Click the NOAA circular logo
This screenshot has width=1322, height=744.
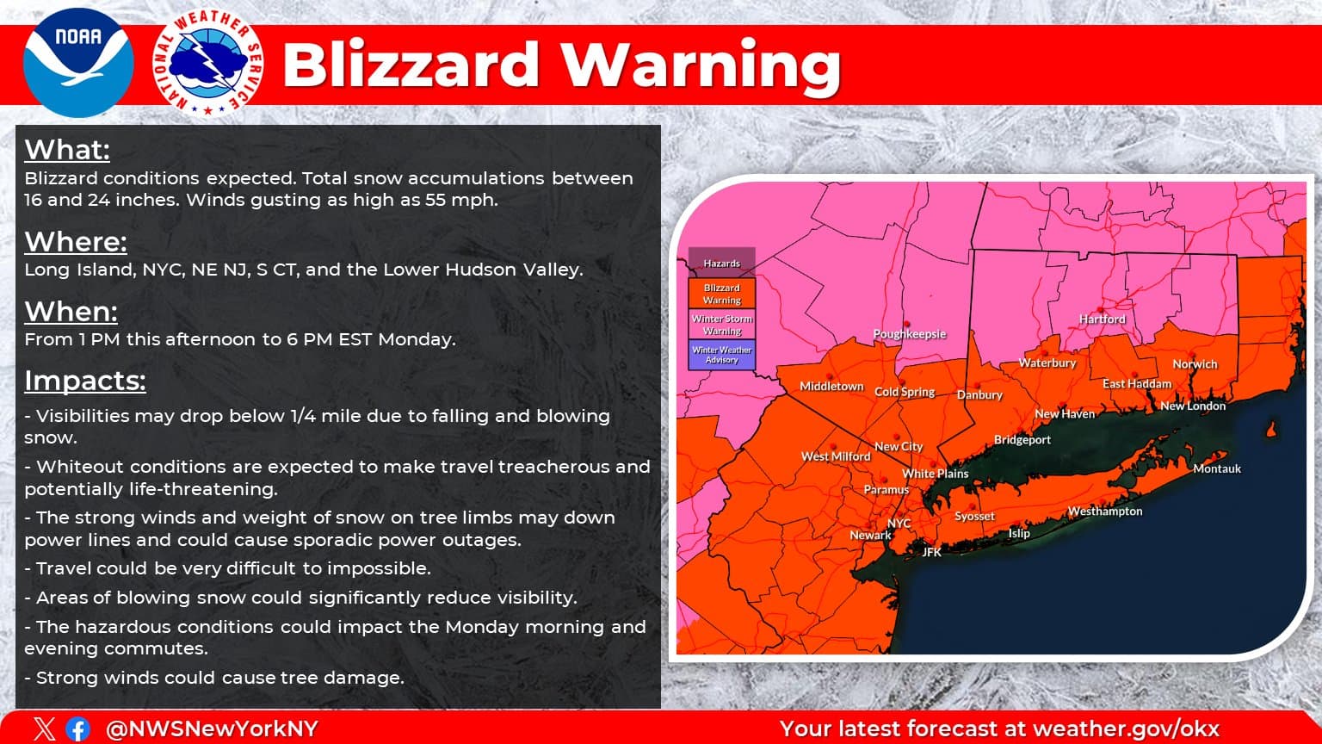[x=78, y=63]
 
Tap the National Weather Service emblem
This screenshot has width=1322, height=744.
[x=207, y=63]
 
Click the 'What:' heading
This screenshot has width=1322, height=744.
[x=67, y=150]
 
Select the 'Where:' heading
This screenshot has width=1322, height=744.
[x=76, y=242]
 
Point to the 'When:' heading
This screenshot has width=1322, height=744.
[x=71, y=312]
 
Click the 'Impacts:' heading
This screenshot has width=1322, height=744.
[x=84, y=381]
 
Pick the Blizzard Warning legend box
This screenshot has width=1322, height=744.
[x=721, y=294]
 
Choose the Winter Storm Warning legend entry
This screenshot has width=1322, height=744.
[x=721, y=325]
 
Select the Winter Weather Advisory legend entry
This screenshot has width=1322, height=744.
[x=721, y=355]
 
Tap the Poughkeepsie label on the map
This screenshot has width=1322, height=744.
[x=909, y=334]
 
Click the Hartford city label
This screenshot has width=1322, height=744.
[x=1102, y=319]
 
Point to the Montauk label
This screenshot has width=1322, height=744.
[x=1217, y=469]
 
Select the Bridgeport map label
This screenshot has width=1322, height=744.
[x=1022, y=440]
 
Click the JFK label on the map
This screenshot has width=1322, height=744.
[x=931, y=552]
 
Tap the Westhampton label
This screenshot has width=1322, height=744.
[x=1104, y=512]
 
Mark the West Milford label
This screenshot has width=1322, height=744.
[x=835, y=456]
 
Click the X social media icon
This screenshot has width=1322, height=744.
[x=44, y=729]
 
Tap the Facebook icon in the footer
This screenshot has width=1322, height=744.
[x=78, y=729]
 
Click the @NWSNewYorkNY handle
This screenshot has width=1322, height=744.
[x=211, y=729]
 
